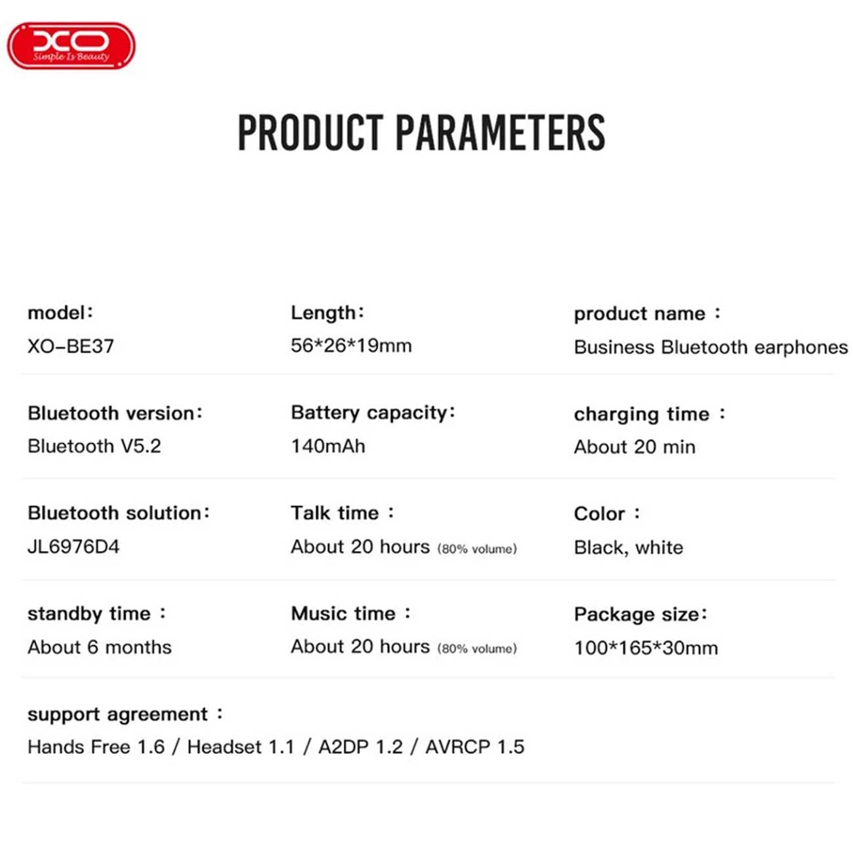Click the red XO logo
71,45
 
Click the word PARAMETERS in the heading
500,133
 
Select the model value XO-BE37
71,346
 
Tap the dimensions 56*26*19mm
351,346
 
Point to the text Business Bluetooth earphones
711,347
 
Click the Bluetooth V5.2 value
94,446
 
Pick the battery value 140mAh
328,446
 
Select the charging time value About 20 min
635,447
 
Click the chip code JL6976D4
73,547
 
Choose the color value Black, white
629,548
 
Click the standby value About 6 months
100,647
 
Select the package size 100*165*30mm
646,648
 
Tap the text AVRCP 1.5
475,747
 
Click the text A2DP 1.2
361,747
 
